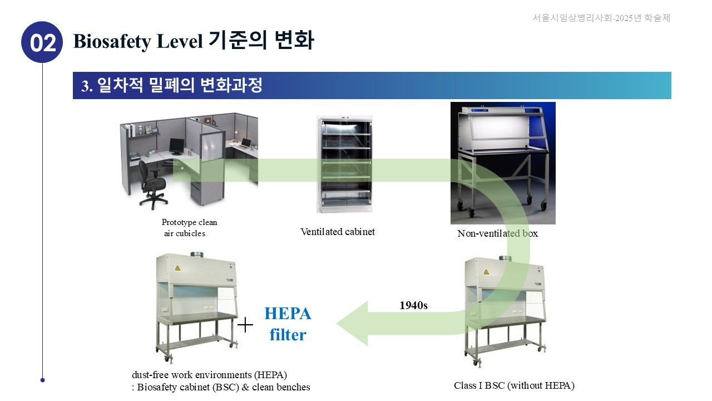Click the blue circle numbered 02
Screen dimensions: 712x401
pos(42,42)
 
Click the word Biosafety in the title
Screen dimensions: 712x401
pos(108,41)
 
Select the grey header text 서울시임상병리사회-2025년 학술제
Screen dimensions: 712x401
pos(601,18)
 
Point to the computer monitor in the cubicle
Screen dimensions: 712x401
pos(177,146)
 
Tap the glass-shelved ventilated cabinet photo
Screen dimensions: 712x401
pos(344,164)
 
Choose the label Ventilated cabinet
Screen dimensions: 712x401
pos(338,232)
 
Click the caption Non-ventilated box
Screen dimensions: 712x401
pos(497,233)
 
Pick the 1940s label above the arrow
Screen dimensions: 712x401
pos(413,305)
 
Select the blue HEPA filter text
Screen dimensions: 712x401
pos(288,324)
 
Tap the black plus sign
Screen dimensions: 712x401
pos(245,325)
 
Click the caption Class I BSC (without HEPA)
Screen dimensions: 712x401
pos(514,385)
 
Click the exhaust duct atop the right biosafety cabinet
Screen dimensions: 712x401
pos(505,258)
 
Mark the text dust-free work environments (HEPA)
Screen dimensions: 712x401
pos(210,374)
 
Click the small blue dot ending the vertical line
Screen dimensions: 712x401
pos(42,380)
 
